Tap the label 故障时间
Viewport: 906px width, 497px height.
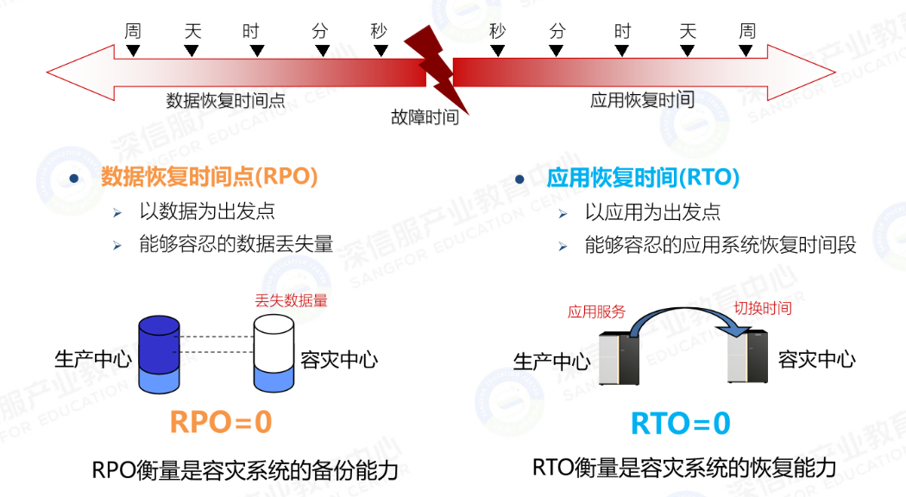(x=425, y=117)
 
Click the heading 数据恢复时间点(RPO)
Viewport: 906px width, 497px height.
(x=210, y=177)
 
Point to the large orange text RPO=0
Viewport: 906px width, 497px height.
(x=221, y=421)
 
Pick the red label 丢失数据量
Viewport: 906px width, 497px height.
(x=291, y=301)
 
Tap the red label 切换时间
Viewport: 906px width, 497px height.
(x=762, y=308)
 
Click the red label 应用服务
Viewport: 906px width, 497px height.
(x=596, y=311)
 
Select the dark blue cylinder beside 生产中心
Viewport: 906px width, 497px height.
(x=160, y=353)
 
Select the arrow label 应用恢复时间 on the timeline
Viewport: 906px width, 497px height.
(x=642, y=100)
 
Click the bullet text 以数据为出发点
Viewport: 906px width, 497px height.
(x=207, y=211)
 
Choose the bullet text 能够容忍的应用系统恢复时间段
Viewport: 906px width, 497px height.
(x=720, y=245)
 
